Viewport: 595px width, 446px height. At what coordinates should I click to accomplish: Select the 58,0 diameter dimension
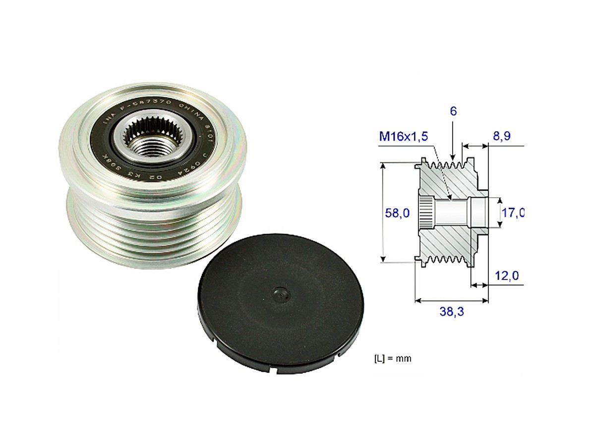(x=397, y=213)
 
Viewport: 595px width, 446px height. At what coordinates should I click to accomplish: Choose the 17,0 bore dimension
(x=513, y=213)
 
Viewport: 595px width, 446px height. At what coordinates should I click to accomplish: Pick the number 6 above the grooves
(x=453, y=111)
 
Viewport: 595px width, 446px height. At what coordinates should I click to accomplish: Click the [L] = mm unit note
(x=393, y=358)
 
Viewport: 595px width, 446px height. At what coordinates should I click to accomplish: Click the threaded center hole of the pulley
(x=151, y=147)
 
